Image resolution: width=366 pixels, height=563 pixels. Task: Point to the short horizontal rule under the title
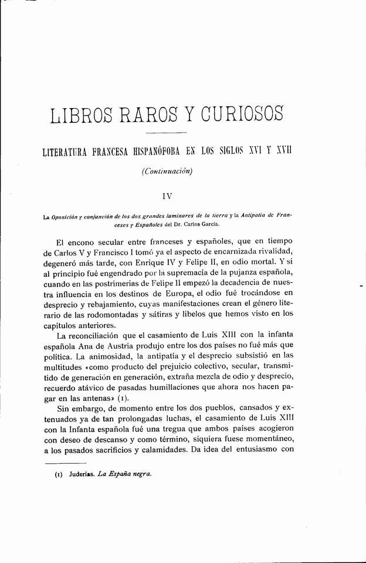[x=164, y=133]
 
